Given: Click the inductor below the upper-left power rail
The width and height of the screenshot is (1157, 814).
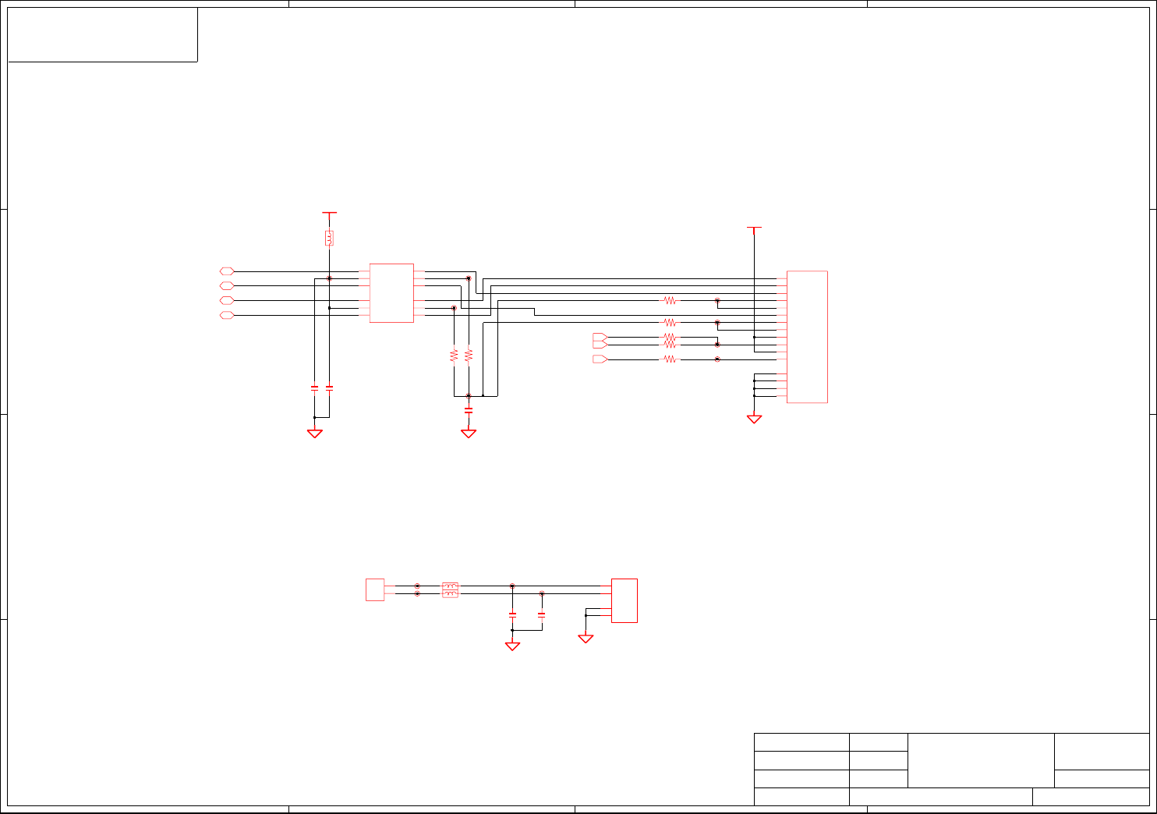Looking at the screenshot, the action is coord(329,238).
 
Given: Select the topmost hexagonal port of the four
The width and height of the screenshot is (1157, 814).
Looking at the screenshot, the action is coord(227,271).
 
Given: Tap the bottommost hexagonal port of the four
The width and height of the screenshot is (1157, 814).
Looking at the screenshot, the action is coord(227,315).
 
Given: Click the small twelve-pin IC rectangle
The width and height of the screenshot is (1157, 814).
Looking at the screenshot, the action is coord(391,293).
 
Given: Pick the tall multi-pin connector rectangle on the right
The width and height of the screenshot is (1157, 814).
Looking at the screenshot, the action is coord(807,337).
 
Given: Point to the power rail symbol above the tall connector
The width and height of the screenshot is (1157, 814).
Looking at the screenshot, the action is coord(754,228).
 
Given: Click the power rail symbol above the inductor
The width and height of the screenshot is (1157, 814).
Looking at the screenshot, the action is coord(329,212).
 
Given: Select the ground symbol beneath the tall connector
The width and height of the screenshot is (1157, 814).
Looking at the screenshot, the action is coord(754,419).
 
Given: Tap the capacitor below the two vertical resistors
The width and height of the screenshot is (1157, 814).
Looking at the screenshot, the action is coord(469,409).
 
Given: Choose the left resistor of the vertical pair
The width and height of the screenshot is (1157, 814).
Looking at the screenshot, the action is coord(454,355).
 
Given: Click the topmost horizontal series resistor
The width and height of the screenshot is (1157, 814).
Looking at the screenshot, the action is coord(670,300).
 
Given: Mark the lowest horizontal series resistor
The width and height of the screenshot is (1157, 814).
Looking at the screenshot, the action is coord(670,359).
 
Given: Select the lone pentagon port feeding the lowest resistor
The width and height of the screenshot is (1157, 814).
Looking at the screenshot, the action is coord(600,359).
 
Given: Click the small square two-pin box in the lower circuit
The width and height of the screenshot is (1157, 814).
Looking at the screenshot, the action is coord(375,589).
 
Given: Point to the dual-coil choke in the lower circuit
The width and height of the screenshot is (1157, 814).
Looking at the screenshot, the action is coord(450,589).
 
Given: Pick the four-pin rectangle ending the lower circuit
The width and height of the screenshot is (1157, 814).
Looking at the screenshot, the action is coord(624,600).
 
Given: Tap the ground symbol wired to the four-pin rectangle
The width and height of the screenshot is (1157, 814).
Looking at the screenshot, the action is coord(586,639).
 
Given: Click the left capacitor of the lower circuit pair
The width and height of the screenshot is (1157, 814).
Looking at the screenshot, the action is coord(512,614).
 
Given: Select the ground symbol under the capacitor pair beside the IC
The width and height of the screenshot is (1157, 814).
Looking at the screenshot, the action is coord(314,434).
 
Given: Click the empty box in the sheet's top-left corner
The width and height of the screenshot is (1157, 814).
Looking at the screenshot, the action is coord(102,34).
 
